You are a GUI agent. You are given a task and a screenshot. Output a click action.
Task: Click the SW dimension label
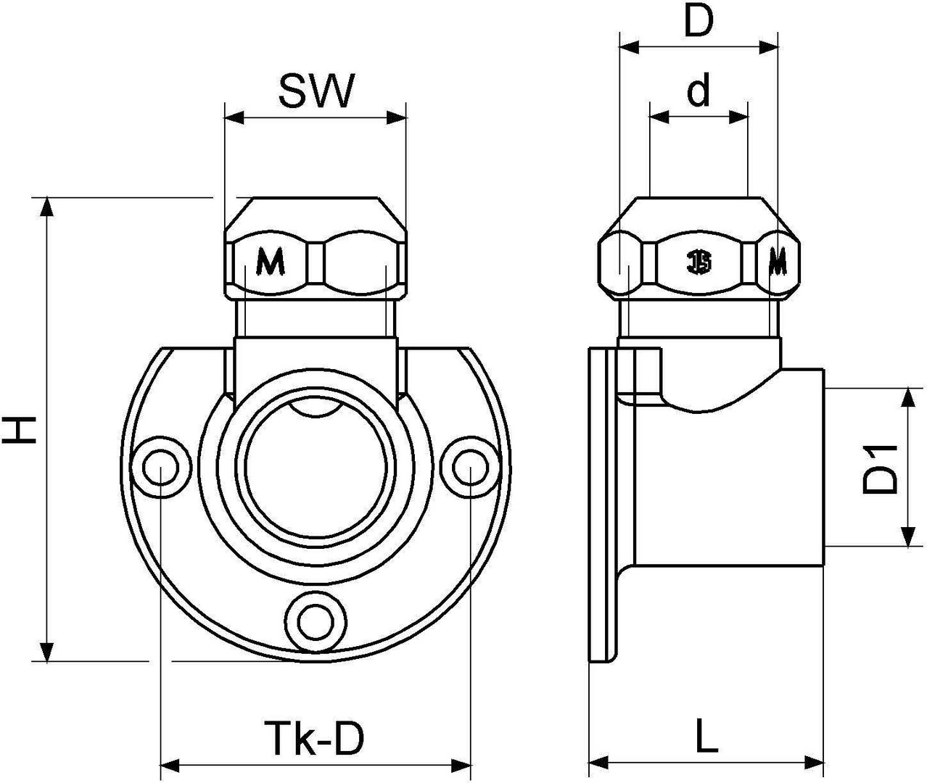[x=316, y=91]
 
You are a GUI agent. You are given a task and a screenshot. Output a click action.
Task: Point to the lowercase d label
[x=699, y=88]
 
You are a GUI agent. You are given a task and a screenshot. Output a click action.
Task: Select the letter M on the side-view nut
[x=778, y=262]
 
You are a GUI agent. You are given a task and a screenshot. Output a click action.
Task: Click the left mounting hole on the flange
[x=161, y=468]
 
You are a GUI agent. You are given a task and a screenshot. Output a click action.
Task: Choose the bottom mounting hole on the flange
[x=316, y=622]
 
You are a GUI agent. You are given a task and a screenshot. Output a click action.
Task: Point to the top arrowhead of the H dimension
[x=47, y=208]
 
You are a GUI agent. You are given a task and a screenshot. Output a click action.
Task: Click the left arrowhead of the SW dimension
[x=235, y=118]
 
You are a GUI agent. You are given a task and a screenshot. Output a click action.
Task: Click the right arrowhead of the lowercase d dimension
[x=738, y=117]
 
